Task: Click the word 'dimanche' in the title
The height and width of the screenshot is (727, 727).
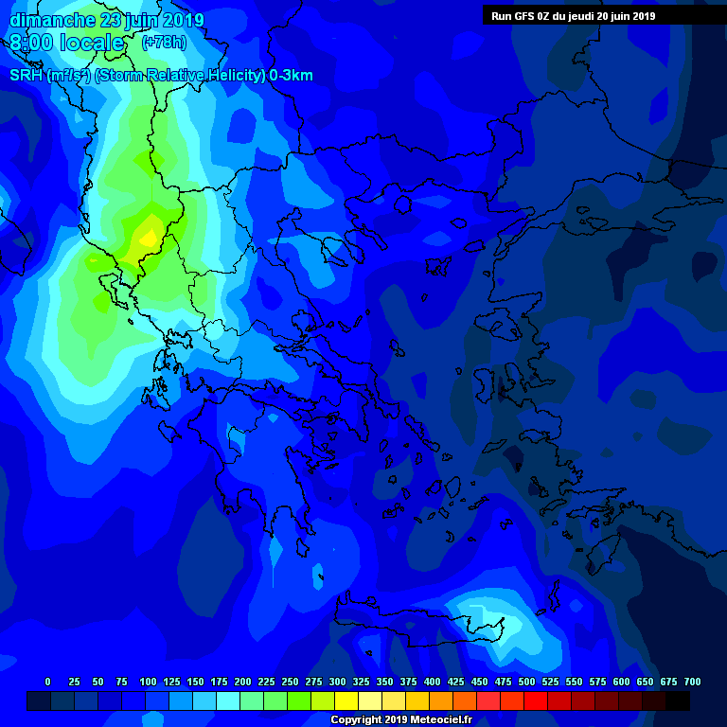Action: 52,20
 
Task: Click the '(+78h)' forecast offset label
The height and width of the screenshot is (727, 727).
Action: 164,43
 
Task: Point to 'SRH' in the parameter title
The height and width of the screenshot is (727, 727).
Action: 26,76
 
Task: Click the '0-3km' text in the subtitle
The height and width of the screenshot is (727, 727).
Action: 291,76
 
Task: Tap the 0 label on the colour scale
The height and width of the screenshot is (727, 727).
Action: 47,683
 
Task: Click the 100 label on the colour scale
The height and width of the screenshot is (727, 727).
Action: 148,683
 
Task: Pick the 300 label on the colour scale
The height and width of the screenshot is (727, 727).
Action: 337,683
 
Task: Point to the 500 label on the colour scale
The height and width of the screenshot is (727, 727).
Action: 526,683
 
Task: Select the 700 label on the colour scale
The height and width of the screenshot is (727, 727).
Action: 692,683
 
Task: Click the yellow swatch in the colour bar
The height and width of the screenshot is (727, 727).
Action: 346,700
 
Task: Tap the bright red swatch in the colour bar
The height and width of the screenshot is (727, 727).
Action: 536,700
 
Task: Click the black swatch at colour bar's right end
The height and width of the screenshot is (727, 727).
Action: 678,700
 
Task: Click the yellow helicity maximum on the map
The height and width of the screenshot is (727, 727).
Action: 148,239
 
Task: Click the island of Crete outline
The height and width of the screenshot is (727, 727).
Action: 417,615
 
